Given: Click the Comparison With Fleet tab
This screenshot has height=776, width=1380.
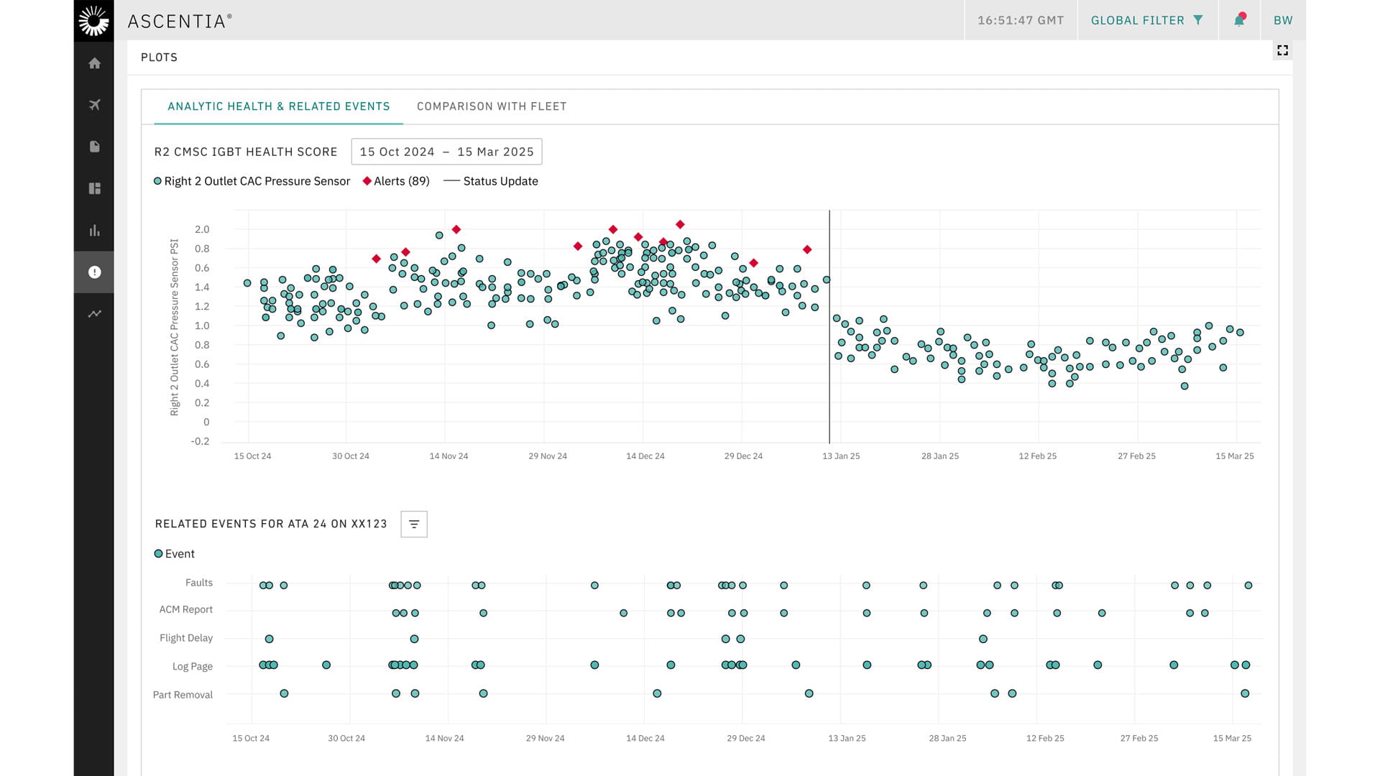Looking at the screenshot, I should pyautogui.click(x=492, y=106).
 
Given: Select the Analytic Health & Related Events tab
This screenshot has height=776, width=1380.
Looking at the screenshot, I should pyautogui.click(x=278, y=106).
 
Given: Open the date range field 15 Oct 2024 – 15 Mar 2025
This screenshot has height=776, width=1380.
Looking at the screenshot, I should pyautogui.click(x=446, y=152).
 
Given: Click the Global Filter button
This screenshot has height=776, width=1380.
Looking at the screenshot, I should pyautogui.click(x=1146, y=20).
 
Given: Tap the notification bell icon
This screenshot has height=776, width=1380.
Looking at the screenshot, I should pyautogui.click(x=1239, y=20).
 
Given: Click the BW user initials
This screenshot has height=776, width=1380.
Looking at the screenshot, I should pyautogui.click(x=1283, y=20).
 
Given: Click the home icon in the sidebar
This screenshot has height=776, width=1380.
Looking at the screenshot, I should pyautogui.click(x=94, y=63).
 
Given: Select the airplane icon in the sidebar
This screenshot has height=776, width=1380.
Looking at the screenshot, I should pyautogui.click(x=94, y=105).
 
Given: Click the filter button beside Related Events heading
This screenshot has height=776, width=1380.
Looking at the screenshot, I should pyautogui.click(x=414, y=524).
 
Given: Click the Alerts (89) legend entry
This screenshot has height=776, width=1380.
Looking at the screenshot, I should pyautogui.click(x=396, y=181).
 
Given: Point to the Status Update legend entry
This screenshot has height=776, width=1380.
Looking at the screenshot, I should pyautogui.click(x=492, y=181).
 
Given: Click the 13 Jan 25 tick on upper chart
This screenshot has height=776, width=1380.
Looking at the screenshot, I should pyautogui.click(x=841, y=456).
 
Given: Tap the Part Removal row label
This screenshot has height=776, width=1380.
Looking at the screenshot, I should pyautogui.click(x=183, y=695).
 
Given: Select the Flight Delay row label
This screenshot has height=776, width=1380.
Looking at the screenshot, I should pyautogui.click(x=186, y=638).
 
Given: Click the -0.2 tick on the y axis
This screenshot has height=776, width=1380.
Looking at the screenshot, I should pyautogui.click(x=200, y=441).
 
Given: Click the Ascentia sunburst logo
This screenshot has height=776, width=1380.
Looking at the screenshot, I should pyautogui.click(x=94, y=20).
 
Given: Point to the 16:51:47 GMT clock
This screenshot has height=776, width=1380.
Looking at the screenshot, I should pyautogui.click(x=1020, y=20).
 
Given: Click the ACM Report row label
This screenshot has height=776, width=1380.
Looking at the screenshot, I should pyautogui.click(x=186, y=609).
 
